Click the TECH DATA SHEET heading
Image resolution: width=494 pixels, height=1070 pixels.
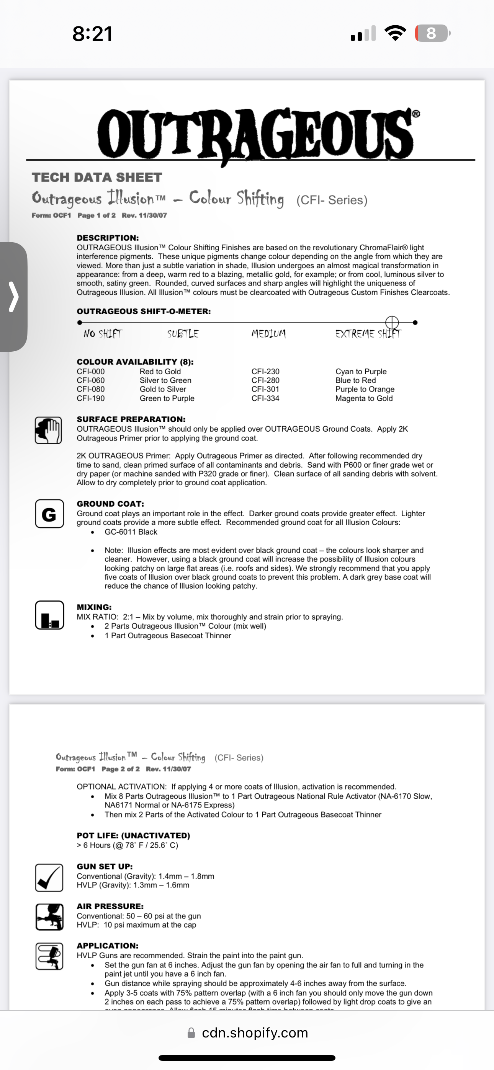[97, 177]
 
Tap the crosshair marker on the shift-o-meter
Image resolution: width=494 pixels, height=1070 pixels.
[392, 322]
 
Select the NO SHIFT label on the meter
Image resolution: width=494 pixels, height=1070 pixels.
[103, 334]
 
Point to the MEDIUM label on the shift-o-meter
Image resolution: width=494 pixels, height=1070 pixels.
[268, 334]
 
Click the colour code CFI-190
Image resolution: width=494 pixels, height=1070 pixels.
[91, 398]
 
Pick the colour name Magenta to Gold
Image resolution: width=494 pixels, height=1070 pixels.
[364, 398]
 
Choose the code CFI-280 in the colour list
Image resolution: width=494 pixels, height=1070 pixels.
[265, 380]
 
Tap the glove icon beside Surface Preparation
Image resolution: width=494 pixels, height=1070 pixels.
[49, 430]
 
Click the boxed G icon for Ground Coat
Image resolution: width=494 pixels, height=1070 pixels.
[49, 514]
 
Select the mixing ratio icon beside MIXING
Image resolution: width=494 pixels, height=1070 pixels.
[49, 615]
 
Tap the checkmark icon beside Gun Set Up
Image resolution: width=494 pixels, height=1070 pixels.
[49, 878]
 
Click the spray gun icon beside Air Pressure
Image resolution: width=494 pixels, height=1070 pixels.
[49, 917]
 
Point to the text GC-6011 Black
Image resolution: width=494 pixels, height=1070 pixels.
[131, 532]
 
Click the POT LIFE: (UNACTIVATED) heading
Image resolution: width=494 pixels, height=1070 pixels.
[133, 835]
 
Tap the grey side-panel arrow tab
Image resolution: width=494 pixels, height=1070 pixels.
[14, 297]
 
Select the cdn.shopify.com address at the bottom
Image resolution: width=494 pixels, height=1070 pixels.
[255, 1033]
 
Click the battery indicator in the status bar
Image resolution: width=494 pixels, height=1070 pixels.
[432, 33]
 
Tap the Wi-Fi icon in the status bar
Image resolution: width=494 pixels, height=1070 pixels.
[395, 33]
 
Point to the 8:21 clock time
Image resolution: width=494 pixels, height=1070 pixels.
[92, 34]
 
